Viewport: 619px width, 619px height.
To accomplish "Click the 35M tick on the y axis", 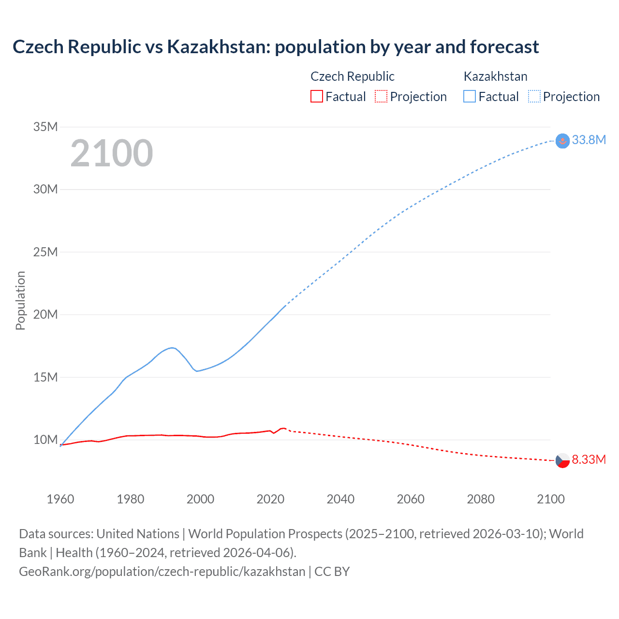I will pos(45,127).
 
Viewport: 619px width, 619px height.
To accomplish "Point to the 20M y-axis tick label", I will pos(45,315).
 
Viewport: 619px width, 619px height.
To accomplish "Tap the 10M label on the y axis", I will pos(45,440).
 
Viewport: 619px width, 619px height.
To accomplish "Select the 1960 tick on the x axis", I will pos(60,499).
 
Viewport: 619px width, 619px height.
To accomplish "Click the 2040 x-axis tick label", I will pos(340,499).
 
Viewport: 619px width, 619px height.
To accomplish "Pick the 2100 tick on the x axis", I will pos(550,499).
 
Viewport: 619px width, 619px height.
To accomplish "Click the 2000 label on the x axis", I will pos(200,499).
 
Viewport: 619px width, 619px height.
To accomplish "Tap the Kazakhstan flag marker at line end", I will pos(562,141).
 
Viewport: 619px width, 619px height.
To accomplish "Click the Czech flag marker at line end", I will pos(562,460).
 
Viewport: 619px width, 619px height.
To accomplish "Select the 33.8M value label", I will pos(589,140).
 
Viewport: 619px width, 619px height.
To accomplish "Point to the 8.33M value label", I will pos(589,459).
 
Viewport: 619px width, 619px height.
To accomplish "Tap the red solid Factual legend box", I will pos(316,97).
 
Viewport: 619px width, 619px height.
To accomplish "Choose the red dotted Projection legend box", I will pos(381,97).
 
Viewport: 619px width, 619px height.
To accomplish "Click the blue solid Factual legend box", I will pos(469,97).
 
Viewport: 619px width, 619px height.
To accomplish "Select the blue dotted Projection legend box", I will pos(534,97).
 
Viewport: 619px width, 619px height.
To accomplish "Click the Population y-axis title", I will pos(20,300).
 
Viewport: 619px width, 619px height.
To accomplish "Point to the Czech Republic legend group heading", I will pos(352,76).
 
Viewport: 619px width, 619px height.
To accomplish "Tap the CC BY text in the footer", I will pos(332,572).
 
